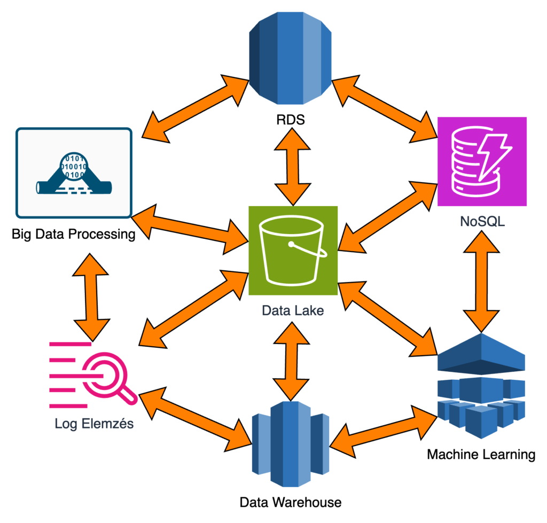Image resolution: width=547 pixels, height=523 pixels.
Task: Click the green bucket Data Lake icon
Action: click(x=293, y=250)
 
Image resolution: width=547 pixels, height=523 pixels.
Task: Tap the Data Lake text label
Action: click(x=293, y=310)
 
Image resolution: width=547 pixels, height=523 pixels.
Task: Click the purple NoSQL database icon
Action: click(x=482, y=161)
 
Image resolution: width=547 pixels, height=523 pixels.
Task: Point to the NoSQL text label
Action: click(x=482, y=221)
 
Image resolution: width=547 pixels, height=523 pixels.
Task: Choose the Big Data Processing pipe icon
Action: click(x=74, y=173)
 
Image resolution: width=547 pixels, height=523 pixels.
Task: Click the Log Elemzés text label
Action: click(x=94, y=424)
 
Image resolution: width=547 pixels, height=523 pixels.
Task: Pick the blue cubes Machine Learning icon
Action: click(x=482, y=385)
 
